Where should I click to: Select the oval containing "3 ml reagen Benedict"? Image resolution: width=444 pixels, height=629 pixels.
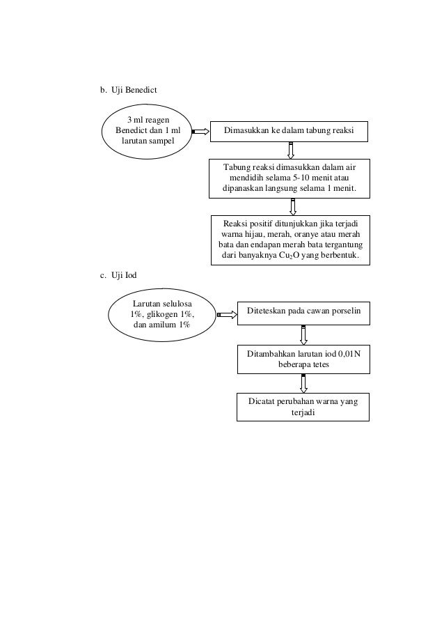pos(148,130)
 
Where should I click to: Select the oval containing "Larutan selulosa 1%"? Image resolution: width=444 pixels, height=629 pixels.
pos(162,314)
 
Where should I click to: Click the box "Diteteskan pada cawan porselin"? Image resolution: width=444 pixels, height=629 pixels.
pos(303,313)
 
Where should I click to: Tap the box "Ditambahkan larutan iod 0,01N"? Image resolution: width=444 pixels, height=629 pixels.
pos(303,359)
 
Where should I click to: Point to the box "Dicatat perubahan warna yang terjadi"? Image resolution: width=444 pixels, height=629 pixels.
pos(303,407)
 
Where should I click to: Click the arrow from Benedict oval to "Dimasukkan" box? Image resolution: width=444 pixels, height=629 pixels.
pos(200,131)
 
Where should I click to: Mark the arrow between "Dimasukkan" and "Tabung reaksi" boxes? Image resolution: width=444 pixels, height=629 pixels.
pos(291,150)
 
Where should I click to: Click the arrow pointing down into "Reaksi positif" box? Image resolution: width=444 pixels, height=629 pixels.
pos(292,206)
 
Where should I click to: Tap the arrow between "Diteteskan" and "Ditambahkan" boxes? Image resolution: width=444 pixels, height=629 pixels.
pos(303,334)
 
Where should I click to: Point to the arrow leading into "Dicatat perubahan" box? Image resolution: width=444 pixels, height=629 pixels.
pos(303,382)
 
